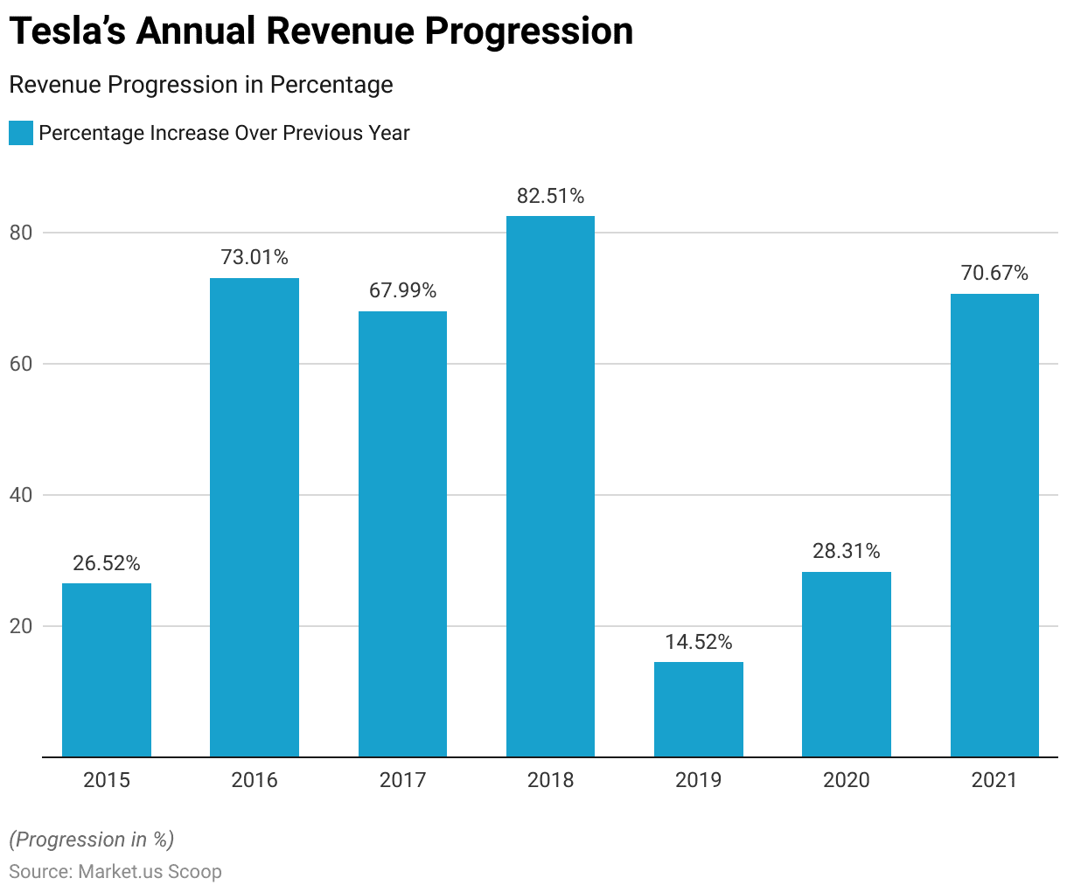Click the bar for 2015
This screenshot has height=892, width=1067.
[x=107, y=670]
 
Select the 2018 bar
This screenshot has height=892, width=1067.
[x=550, y=486]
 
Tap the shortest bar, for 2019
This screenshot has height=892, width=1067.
[x=699, y=709]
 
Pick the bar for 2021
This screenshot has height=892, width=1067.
[x=994, y=525]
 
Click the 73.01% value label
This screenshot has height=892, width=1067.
[x=255, y=257]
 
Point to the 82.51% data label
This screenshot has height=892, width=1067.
[x=550, y=196]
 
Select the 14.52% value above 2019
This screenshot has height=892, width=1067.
[x=699, y=642]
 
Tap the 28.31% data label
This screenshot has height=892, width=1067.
[x=847, y=551]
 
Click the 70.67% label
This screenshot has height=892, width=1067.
[x=994, y=273]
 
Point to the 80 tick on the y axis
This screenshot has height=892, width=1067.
[x=21, y=233]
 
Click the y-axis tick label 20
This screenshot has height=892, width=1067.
[x=21, y=626]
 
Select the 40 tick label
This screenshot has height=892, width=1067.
[x=21, y=495]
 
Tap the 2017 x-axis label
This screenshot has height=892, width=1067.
[x=402, y=780]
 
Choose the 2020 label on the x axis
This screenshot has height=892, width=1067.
[x=847, y=780]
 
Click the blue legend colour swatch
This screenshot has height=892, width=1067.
[x=21, y=133]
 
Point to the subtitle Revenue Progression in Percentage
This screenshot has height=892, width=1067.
[x=200, y=85]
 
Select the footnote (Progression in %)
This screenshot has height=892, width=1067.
[x=92, y=840]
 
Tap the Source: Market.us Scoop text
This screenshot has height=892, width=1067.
[x=115, y=871]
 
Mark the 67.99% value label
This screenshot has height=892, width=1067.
[x=402, y=290]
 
